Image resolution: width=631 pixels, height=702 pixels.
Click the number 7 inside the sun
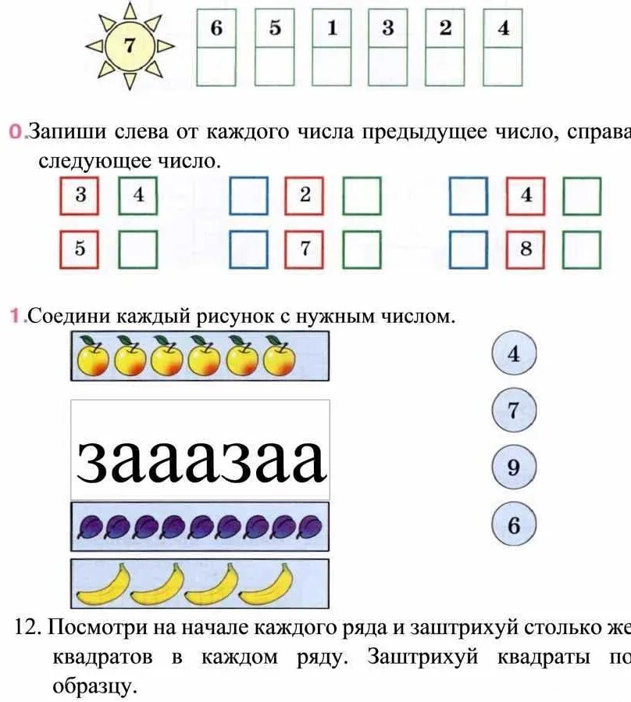pyautogui.click(x=130, y=45)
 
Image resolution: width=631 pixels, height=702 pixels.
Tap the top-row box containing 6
pyautogui.click(x=216, y=29)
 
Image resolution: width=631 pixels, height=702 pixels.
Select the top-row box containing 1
pyautogui.click(x=331, y=29)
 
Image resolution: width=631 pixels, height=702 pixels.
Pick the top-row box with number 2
pyautogui.click(x=445, y=29)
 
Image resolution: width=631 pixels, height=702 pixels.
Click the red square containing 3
pyautogui.click(x=80, y=195)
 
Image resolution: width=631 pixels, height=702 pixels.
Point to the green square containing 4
pyautogui.click(x=138, y=195)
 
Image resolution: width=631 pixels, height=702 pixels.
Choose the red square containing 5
pyautogui.click(x=80, y=249)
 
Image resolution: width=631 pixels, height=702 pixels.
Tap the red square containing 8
pyautogui.click(x=526, y=249)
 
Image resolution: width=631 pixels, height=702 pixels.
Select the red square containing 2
pyautogui.click(x=305, y=195)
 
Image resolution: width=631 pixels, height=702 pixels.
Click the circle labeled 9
pyautogui.click(x=513, y=467)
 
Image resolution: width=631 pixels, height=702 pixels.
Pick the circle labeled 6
pyautogui.click(x=513, y=525)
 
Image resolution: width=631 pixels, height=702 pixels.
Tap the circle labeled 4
pyautogui.click(x=513, y=354)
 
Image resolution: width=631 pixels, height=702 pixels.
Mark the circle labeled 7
pyautogui.click(x=513, y=410)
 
